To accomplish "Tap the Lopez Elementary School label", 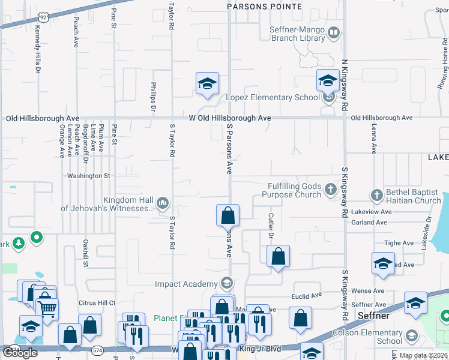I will point(273,97).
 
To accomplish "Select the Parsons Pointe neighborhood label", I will point(264,6).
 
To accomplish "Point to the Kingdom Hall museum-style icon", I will point(163,204).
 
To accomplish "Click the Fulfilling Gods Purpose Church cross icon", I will point(330,190).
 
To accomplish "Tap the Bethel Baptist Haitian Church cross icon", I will point(376,195).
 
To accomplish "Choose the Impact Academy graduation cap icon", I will point(226,283).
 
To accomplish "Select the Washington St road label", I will point(89,176).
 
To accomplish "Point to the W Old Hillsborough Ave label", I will point(230,118).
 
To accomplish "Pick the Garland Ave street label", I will point(369,222).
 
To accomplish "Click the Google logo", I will point(20,353).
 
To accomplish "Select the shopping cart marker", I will point(47,308).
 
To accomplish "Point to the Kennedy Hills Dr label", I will point(37,49).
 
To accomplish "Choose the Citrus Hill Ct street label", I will point(97,303).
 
